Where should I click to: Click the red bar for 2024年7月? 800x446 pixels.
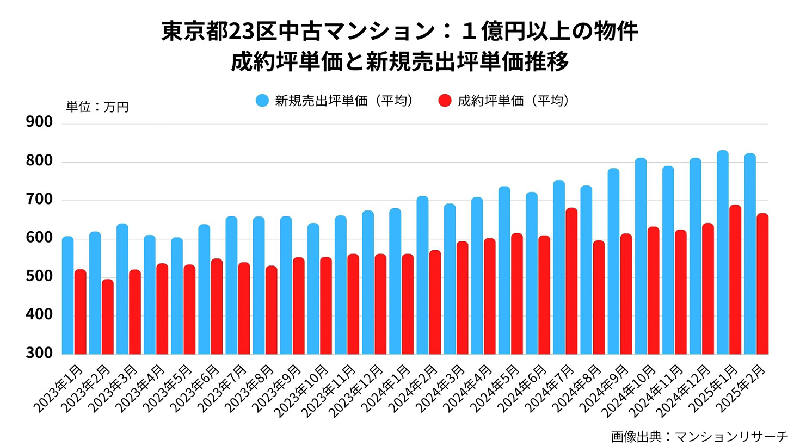coord(571,281)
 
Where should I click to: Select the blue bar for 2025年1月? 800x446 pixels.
coord(723,252)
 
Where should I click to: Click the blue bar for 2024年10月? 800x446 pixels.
coord(641,256)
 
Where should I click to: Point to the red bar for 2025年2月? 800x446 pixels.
coord(762,284)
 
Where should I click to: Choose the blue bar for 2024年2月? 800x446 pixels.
coord(422,275)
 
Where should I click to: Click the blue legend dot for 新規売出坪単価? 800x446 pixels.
coord(262,101)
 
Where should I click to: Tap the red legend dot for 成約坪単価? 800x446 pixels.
coord(445,101)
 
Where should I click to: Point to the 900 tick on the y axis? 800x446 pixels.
coord(39,122)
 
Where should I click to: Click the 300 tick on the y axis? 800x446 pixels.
coord(39,353)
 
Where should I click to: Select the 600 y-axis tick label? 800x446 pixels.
coord(39,238)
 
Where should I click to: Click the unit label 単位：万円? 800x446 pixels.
coord(97,107)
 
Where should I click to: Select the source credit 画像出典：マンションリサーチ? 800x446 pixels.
coord(699,436)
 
